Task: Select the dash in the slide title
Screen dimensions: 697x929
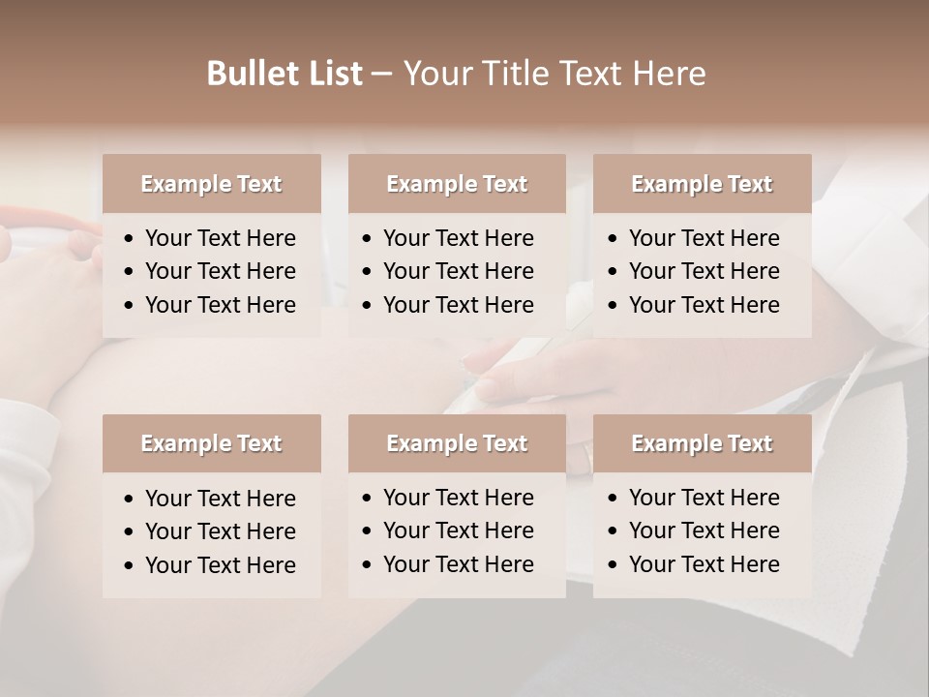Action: click(x=381, y=75)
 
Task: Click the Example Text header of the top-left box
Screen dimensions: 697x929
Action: click(x=211, y=184)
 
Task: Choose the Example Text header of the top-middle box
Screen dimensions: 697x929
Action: click(x=457, y=184)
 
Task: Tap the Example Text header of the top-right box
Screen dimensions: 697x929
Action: click(x=702, y=184)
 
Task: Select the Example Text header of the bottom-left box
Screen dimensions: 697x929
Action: click(x=211, y=443)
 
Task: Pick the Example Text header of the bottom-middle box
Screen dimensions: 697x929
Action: click(x=457, y=443)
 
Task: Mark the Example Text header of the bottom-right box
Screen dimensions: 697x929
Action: click(x=702, y=443)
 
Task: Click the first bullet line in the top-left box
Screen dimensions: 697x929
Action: click(x=220, y=238)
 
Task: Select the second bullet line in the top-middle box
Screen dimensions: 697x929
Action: click(x=458, y=271)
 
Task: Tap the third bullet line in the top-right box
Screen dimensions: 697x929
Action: click(x=704, y=304)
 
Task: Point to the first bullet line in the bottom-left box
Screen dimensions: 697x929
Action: click(x=220, y=499)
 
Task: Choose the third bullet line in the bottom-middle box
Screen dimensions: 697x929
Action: click(x=458, y=563)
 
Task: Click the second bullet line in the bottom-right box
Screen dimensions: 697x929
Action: click(x=704, y=530)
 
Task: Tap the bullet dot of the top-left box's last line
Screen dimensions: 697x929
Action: click(x=130, y=305)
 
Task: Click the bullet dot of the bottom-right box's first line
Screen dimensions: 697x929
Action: click(x=614, y=499)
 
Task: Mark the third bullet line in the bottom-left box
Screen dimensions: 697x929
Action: click(x=220, y=564)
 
